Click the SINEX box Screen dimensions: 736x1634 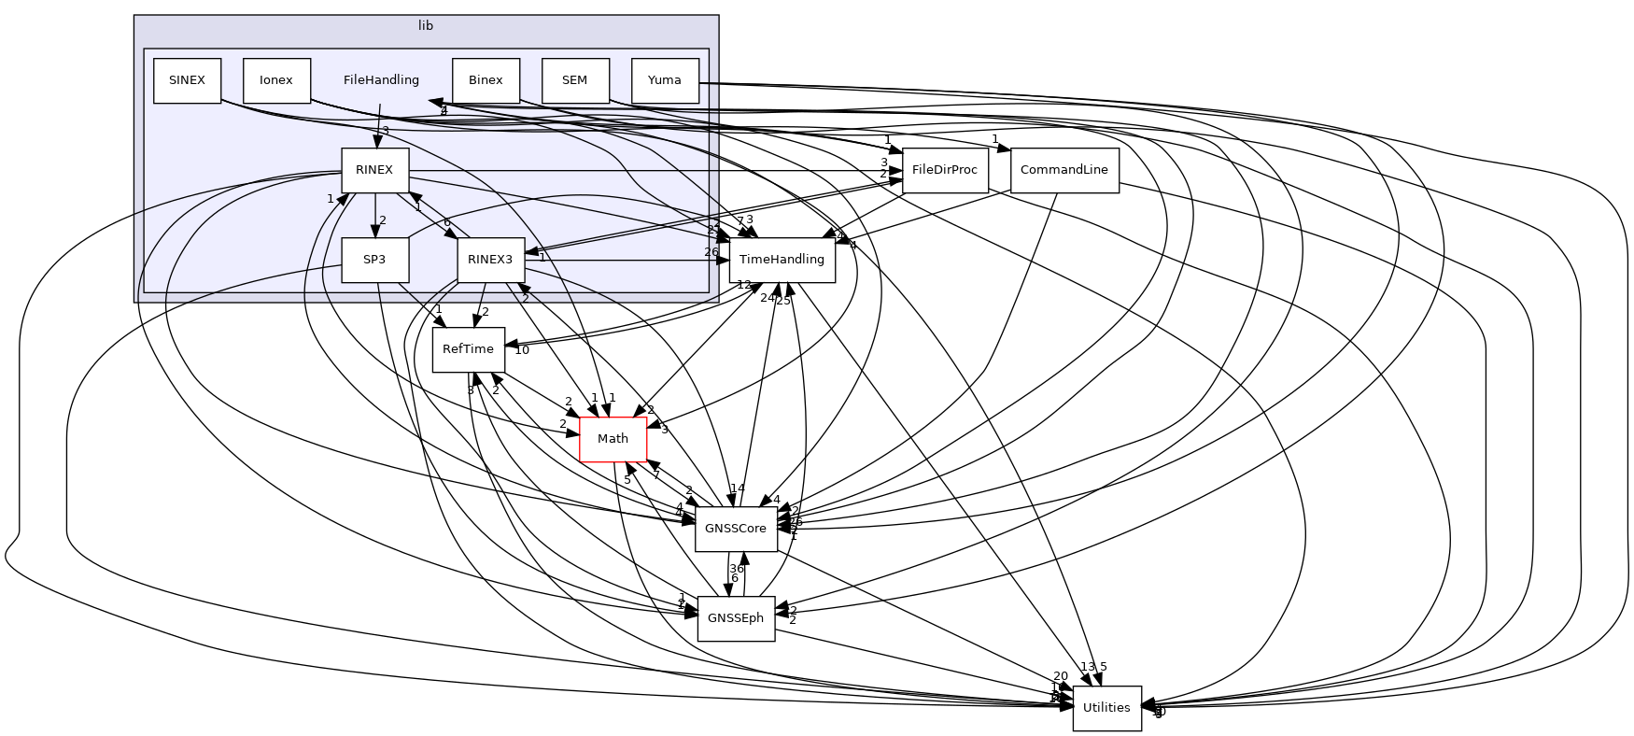[187, 80]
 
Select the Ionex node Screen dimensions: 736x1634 [276, 80]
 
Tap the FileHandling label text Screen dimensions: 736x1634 [381, 80]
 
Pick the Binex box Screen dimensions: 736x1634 [486, 80]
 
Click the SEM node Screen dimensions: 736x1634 [574, 80]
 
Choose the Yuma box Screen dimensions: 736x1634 [664, 80]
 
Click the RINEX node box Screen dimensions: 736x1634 [374, 170]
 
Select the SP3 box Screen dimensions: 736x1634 [374, 260]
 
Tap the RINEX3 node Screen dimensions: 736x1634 [490, 260]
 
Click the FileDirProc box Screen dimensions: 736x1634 [944, 170]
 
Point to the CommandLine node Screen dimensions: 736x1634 [1064, 170]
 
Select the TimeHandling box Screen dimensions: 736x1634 [782, 260]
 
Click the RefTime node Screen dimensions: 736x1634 [468, 349]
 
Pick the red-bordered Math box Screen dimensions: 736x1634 [613, 439]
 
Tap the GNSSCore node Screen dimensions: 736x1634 [736, 529]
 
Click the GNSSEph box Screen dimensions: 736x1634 [736, 618]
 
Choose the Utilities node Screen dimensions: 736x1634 [1106, 708]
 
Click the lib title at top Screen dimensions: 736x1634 [426, 26]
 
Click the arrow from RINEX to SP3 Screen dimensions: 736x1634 [374, 215]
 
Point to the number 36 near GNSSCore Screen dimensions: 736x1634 [736, 568]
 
